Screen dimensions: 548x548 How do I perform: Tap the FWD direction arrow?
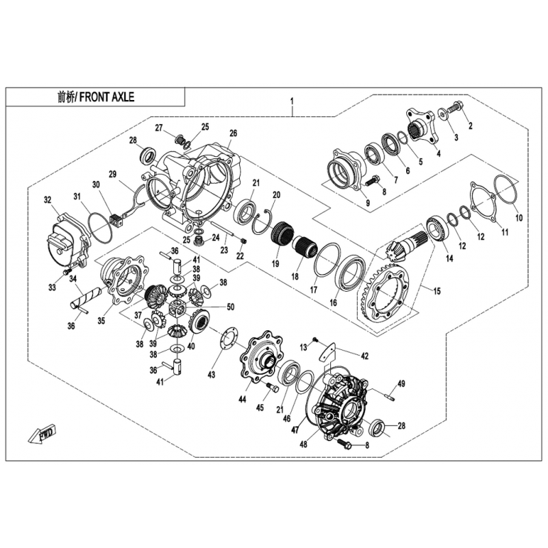pyautogui.click(x=41, y=434)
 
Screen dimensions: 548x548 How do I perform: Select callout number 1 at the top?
pyautogui.click(x=292, y=101)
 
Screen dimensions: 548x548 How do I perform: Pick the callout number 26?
pyautogui.click(x=233, y=133)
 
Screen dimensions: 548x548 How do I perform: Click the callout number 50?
pyautogui.click(x=231, y=307)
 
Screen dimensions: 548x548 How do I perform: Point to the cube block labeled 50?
pyautogui.click(x=178, y=308)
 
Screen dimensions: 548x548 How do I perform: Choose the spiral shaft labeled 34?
pyautogui.click(x=85, y=296)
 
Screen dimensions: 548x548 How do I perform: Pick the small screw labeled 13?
pyautogui.click(x=315, y=338)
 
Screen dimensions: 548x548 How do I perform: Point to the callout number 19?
pyautogui.click(x=275, y=263)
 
